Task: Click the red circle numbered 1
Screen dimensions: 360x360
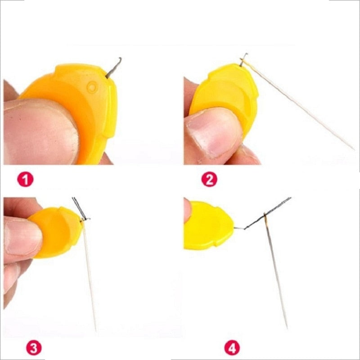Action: tap(25, 179)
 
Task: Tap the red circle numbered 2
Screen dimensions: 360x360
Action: tap(209, 179)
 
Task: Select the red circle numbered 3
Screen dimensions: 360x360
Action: tap(34, 348)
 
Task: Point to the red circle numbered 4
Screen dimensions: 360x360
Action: tap(232, 348)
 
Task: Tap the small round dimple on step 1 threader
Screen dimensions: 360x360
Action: tap(92, 87)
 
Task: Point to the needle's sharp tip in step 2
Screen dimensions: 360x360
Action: tap(354, 149)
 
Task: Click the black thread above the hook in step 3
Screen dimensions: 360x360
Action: tap(79, 207)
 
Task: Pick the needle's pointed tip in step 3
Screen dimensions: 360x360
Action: tap(95, 330)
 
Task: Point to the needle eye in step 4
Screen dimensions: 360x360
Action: tap(265, 218)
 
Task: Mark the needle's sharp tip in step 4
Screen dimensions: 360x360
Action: tap(287, 328)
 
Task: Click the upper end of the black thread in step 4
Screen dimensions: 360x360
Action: tap(291, 198)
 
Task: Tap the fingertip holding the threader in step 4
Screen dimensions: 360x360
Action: tap(187, 211)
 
